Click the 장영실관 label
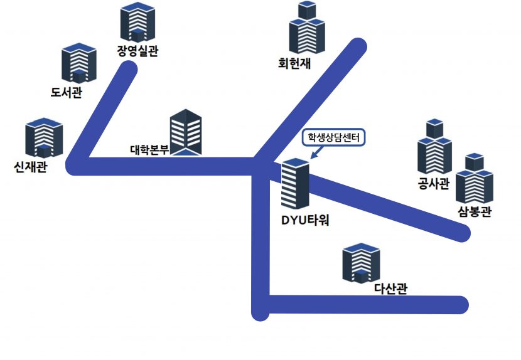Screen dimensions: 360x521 pos(137,51)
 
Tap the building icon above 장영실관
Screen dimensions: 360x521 pos(137,23)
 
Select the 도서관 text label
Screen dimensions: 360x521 pos(67,93)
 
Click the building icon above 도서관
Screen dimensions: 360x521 pos(79,63)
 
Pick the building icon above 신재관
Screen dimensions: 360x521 pos(44,139)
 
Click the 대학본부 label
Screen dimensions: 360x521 pos(149,150)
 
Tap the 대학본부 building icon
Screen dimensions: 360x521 pos(186,132)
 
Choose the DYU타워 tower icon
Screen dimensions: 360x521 pos(295,184)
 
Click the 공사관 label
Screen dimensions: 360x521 pos(434,184)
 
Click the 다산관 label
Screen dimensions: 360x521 pos(390,289)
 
